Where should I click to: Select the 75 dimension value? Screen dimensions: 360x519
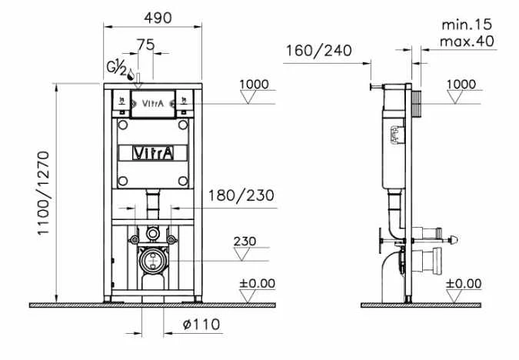pos(145,44)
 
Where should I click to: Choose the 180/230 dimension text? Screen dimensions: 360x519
pos(241,195)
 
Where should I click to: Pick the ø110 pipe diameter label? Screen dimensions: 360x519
pos(201,325)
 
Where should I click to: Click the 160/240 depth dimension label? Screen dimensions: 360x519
pos(318,52)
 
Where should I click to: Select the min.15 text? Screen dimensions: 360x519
pos(466,25)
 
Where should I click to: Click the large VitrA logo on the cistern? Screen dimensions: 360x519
pos(154,152)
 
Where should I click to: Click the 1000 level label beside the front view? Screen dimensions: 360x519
pos(255,84)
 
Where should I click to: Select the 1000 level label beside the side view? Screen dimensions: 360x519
pos(461,84)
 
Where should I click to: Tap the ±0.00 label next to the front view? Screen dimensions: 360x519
pos(257,283)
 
